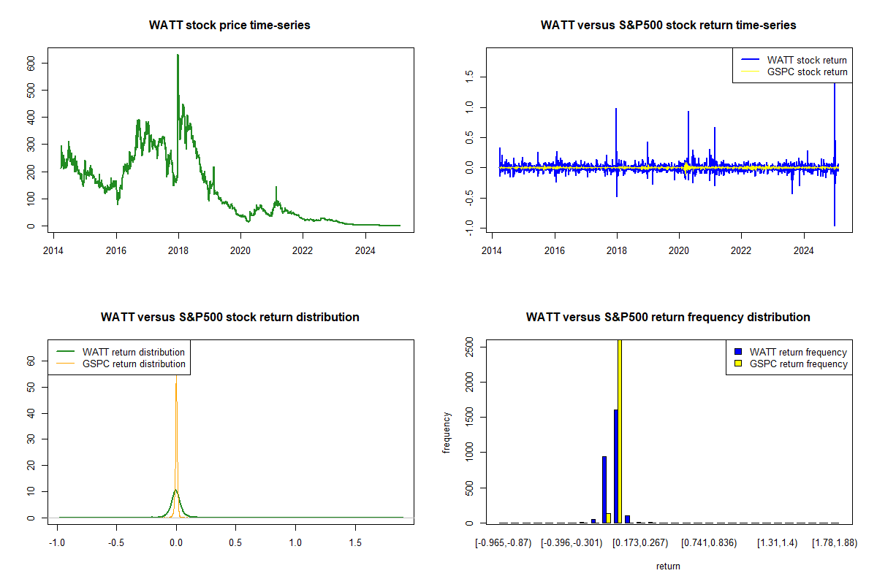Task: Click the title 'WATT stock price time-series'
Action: coord(229,25)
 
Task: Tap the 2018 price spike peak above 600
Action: coord(178,55)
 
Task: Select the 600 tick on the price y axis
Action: coord(31,63)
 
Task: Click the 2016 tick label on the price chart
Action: coord(116,250)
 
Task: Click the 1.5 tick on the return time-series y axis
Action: coord(469,77)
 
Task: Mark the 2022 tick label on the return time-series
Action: coord(741,250)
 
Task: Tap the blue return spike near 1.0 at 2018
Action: coord(616,109)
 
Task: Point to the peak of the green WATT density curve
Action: coord(175,490)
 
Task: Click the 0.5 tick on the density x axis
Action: coord(235,542)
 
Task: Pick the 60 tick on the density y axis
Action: coord(31,361)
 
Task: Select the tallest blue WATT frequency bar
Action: coord(616,466)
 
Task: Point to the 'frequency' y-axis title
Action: coord(447,433)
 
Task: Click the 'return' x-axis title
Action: coord(668,566)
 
